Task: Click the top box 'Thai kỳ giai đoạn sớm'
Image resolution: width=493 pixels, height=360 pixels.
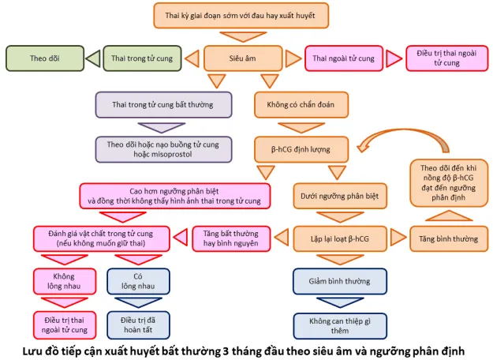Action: (240, 16)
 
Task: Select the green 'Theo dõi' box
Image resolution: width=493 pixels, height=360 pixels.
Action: (46, 58)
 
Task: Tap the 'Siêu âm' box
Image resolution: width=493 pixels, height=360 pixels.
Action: (241, 58)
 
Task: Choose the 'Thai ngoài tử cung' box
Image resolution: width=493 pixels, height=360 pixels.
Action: (344, 58)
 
